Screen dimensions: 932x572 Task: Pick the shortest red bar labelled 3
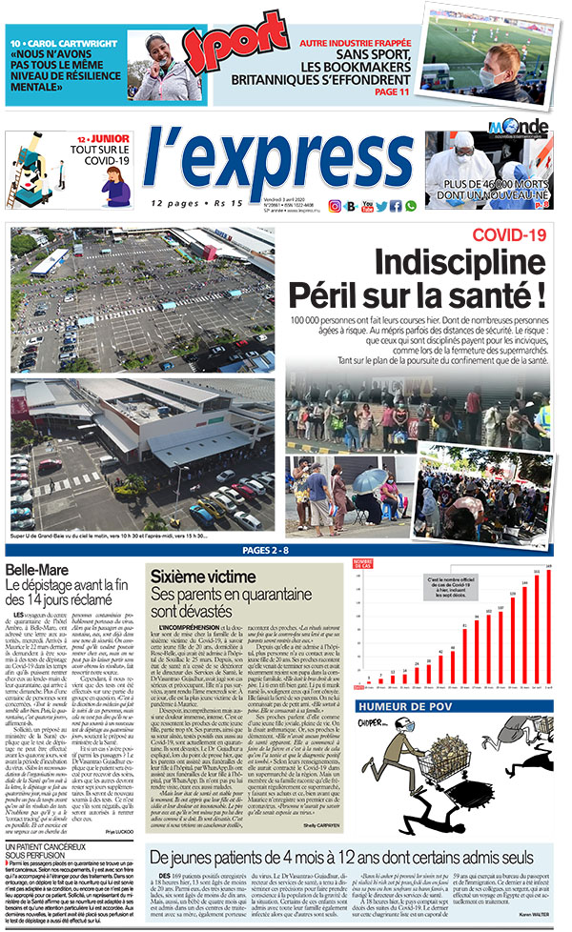coord(368,684)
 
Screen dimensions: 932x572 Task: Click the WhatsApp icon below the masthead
coord(411,206)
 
